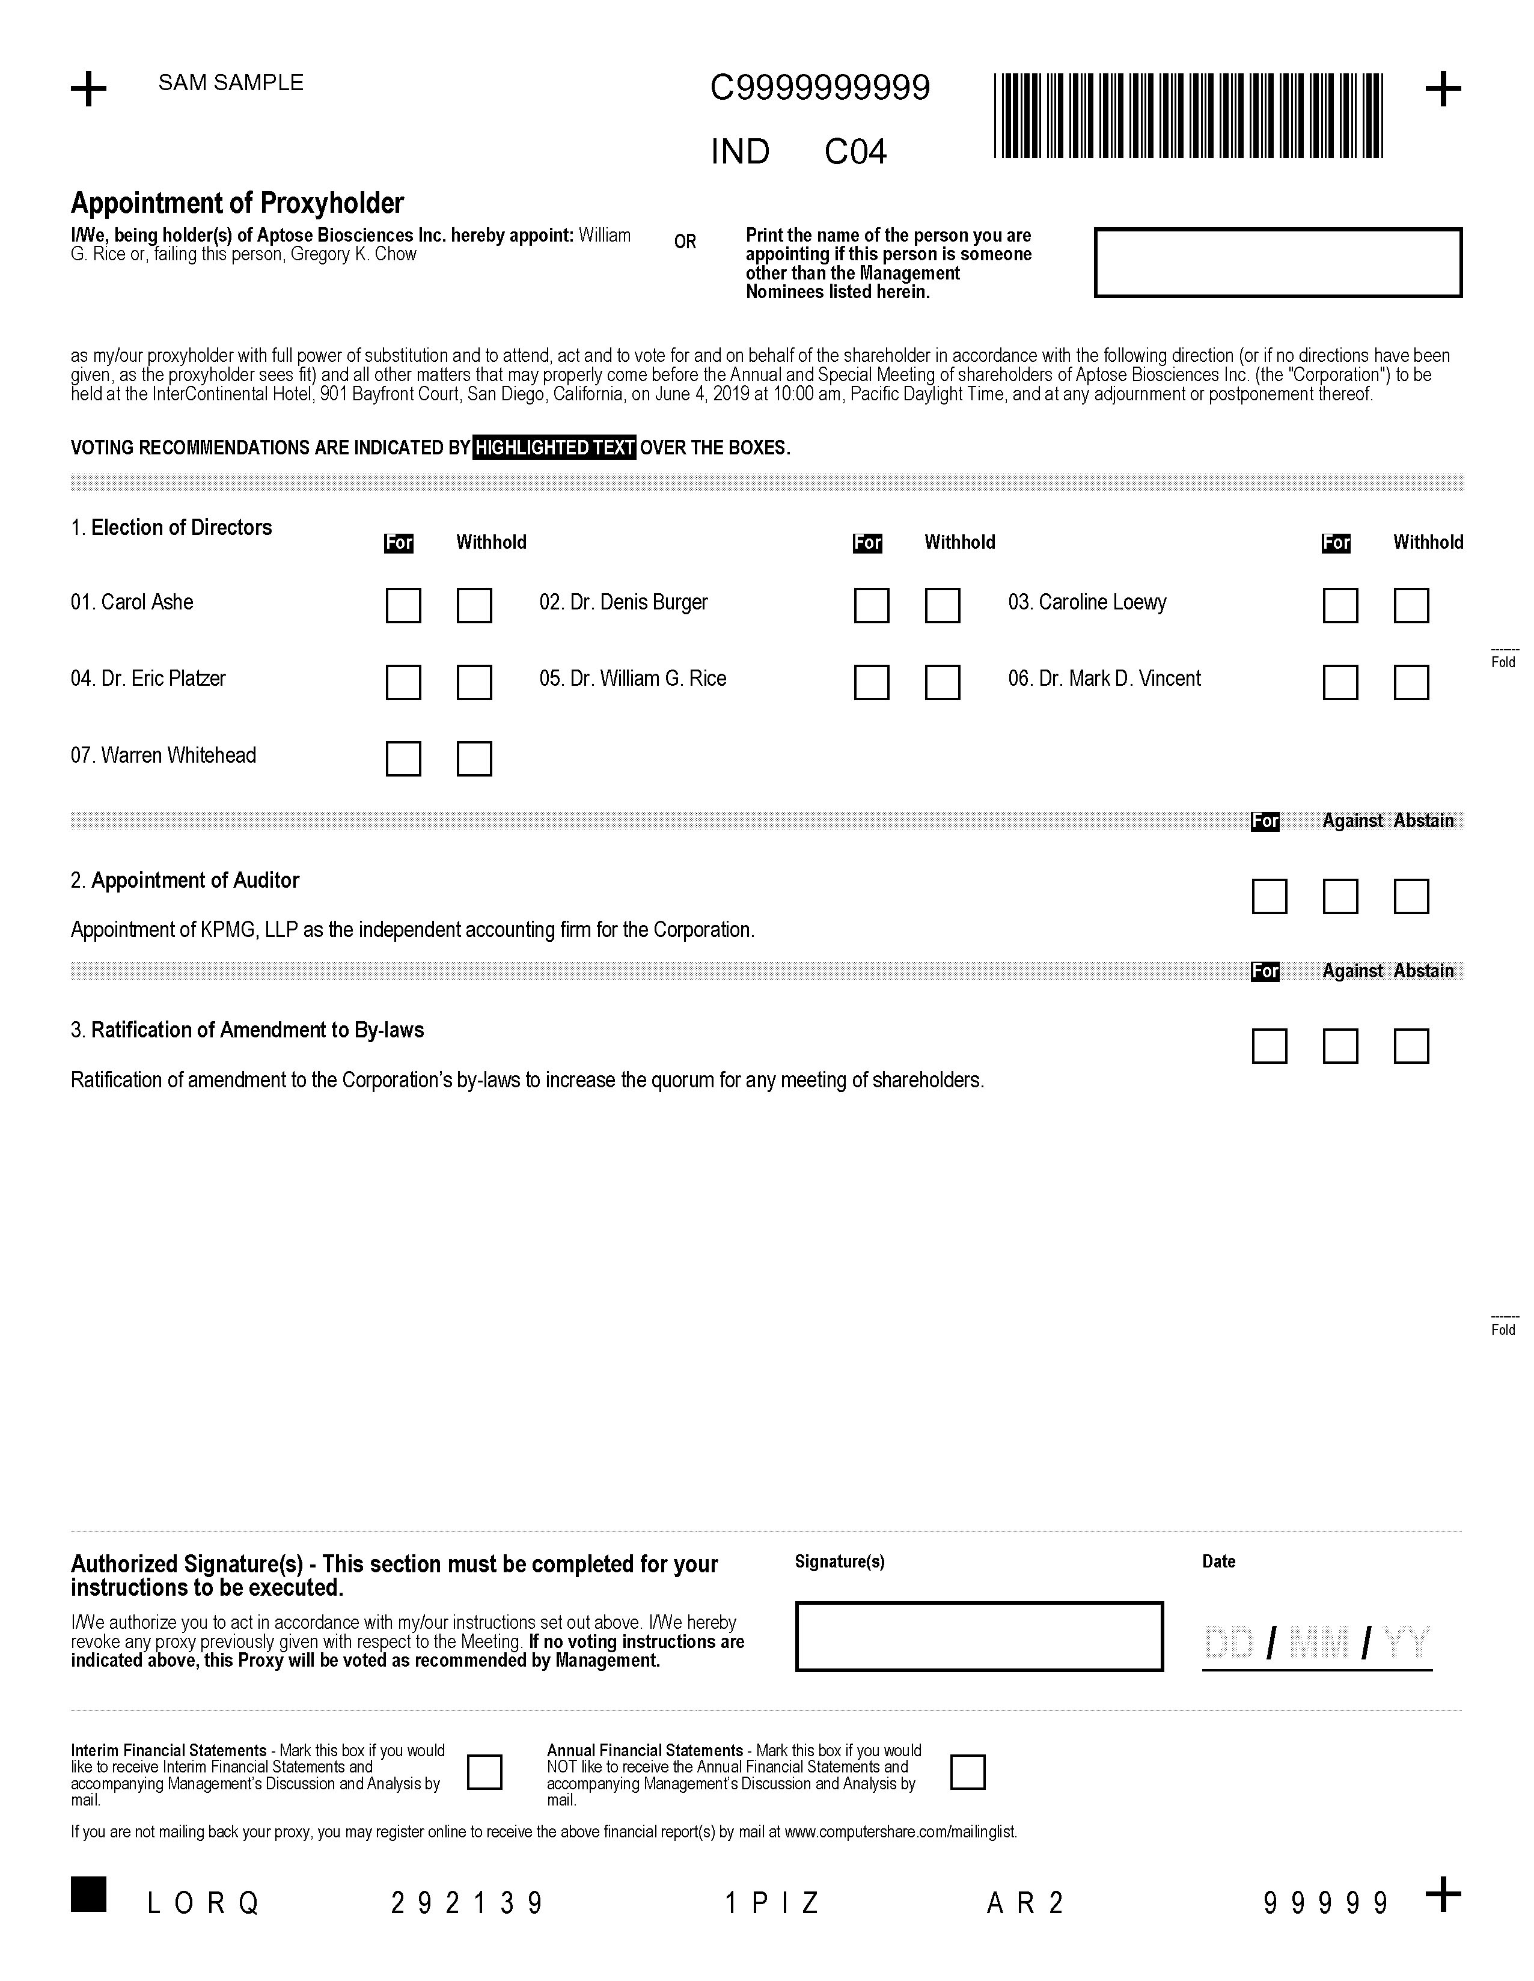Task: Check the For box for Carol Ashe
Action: (403, 605)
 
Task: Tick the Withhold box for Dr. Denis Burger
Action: (943, 605)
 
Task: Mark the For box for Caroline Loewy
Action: (1340, 605)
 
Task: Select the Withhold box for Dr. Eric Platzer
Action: (474, 682)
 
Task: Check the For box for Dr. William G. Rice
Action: (871, 682)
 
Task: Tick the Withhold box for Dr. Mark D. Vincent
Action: (1411, 682)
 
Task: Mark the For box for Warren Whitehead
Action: (403, 759)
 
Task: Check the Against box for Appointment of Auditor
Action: (1340, 896)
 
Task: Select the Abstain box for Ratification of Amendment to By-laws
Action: (1411, 1046)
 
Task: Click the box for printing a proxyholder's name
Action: (1277, 262)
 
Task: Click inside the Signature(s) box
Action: (979, 1637)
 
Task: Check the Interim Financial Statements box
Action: (484, 1771)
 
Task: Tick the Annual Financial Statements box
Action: (967, 1771)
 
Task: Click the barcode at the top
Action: (1188, 116)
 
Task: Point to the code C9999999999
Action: (819, 88)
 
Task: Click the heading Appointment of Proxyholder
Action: (237, 203)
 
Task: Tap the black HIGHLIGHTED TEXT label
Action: (554, 447)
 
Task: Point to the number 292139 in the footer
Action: (467, 1903)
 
